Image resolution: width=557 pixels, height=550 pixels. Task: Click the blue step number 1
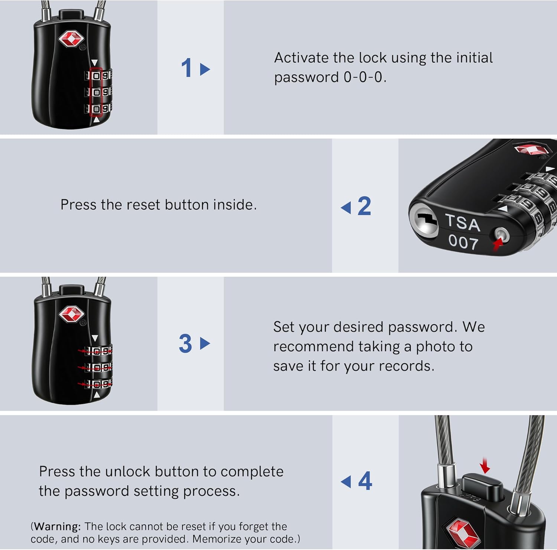point(186,68)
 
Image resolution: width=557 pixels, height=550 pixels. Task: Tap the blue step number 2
point(364,206)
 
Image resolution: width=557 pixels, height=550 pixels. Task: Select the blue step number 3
point(185,344)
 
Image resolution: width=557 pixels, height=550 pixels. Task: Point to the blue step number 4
point(365,481)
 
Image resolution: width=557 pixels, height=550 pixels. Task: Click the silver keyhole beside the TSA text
point(424,221)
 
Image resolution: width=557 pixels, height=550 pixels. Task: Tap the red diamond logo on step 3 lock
point(71,315)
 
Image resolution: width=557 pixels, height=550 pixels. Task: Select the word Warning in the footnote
point(57,526)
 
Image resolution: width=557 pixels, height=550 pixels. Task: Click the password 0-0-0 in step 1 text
point(363,77)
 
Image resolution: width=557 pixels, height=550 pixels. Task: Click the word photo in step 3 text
point(435,346)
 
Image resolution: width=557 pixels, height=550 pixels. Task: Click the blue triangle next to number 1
point(205,69)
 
